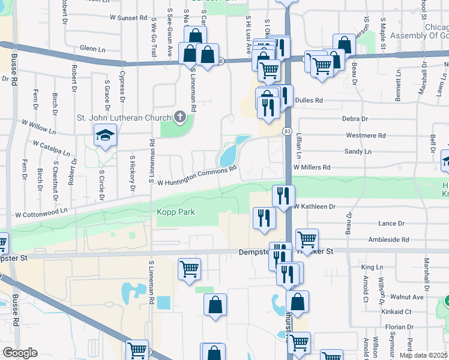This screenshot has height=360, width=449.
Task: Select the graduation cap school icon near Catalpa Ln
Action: tap(105, 136)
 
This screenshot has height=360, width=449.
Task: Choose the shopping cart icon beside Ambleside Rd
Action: tap(307, 239)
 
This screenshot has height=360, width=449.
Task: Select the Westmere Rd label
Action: tap(366, 136)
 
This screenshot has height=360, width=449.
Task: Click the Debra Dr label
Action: tap(354, 119)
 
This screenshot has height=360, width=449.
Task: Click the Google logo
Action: tap(20, 353)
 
